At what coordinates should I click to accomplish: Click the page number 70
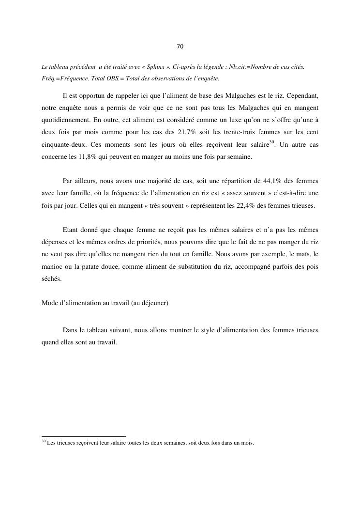tap(180, 47)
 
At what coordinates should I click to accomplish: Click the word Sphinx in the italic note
tap(151, 67)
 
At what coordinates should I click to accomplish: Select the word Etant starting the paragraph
tap(71, 228)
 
